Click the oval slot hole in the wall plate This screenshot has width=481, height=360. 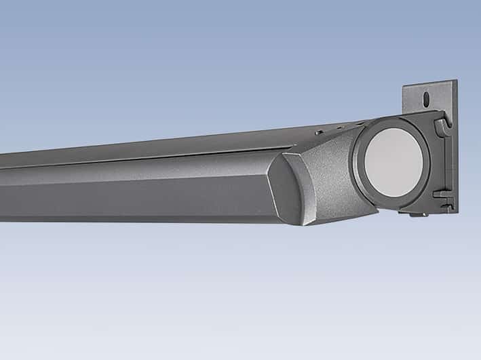426,99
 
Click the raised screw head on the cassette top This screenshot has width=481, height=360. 319,133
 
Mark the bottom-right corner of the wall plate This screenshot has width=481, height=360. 457,212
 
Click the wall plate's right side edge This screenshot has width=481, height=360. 456,149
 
